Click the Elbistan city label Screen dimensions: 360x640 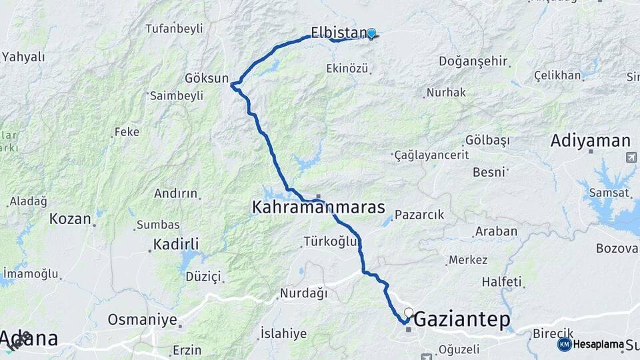pos(338,32)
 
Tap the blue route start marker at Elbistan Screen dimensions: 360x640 pos(371,33)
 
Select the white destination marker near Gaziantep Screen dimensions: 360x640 pos(409,312)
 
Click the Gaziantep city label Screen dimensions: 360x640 pos(462,321)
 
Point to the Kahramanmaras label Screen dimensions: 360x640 pos(318,207)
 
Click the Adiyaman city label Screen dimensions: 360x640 pos(591,141)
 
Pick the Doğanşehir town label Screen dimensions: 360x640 pos(473,61)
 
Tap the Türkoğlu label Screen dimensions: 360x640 pos(331,241)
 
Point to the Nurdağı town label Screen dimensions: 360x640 pos(303,293)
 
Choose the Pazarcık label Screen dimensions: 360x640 pos(419,215)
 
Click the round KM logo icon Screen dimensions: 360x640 pos(565,344)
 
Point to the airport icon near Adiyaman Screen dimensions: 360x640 pos(631,157)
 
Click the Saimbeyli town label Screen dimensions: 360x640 pos(177,95)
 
